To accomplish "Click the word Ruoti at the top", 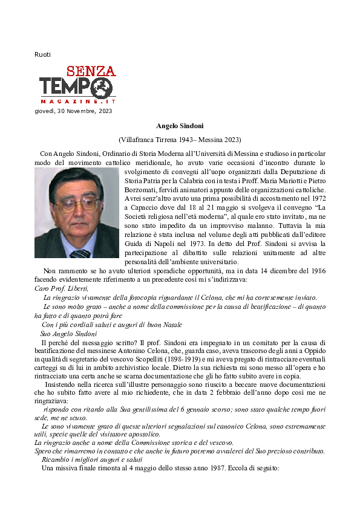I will [42, 55].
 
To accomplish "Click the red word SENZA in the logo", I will [91, 70].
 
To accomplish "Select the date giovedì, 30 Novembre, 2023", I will [73, 111].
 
